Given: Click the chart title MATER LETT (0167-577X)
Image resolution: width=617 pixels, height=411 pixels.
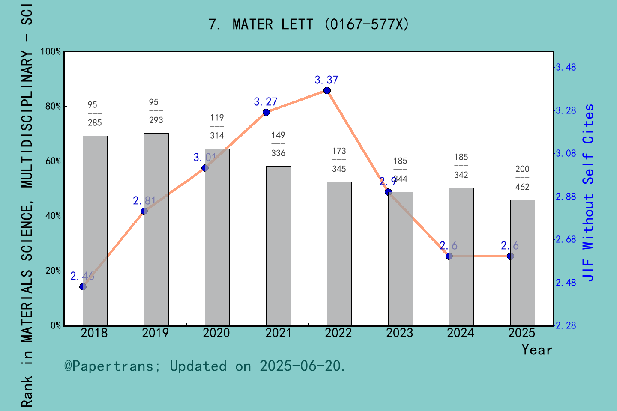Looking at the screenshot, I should [308, 24].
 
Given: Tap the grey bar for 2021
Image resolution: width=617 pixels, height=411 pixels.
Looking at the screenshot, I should [278, 246].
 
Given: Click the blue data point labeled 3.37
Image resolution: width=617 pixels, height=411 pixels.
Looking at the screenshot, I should [327, 90].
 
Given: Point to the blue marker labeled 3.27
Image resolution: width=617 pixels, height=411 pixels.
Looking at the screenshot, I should [266, 112].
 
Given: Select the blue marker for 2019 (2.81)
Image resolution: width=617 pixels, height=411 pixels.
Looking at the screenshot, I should [144, 211].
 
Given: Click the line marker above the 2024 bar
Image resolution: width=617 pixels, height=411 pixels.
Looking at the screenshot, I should [449, 256].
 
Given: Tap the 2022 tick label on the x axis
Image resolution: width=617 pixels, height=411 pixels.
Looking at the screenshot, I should [338, 333].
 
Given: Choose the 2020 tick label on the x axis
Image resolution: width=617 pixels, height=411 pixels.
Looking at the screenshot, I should [216, 333].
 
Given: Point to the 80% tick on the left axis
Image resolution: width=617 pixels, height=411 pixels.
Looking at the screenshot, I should [53, 107].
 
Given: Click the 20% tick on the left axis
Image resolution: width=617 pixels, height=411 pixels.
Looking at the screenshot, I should [53, 271].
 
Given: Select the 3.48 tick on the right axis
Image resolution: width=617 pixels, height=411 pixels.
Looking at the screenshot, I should [566, 67].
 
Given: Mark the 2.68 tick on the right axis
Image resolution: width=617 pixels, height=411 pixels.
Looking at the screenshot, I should [566, 239].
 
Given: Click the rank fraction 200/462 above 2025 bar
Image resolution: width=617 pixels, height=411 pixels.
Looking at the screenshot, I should [522, 178].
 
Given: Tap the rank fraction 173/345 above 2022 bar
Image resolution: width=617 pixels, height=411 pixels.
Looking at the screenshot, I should [339, 160].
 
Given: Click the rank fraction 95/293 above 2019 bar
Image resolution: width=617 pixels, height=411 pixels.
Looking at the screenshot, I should [156, 111].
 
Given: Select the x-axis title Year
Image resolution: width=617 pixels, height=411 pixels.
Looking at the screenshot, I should [537, 350].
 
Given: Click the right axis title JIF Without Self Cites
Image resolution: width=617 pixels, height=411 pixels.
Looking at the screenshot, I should [589, 193].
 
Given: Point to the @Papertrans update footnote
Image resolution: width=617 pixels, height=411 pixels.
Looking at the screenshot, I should [205, 366].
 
